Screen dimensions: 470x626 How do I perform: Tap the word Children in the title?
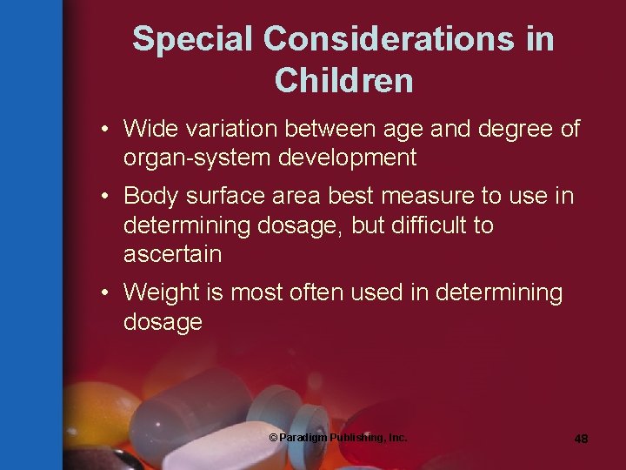(343, 80)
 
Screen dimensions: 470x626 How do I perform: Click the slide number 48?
(581, 439)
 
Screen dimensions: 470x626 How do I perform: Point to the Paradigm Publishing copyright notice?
(338, 437)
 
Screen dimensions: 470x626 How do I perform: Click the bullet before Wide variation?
(103, 130)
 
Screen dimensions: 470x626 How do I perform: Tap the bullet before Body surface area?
(103, 197)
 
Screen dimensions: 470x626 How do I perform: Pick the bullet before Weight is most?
(103, 293)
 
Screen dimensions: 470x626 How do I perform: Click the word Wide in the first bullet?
(150, 129)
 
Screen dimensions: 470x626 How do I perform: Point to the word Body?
(150, 196)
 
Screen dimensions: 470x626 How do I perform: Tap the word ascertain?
(172, 255)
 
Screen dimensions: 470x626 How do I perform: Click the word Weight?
(160, 293)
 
